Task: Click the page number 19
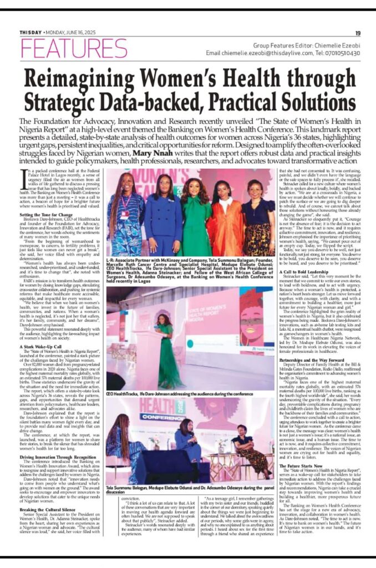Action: tap(358, 33)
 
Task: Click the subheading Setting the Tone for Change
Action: tap(45, 214)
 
